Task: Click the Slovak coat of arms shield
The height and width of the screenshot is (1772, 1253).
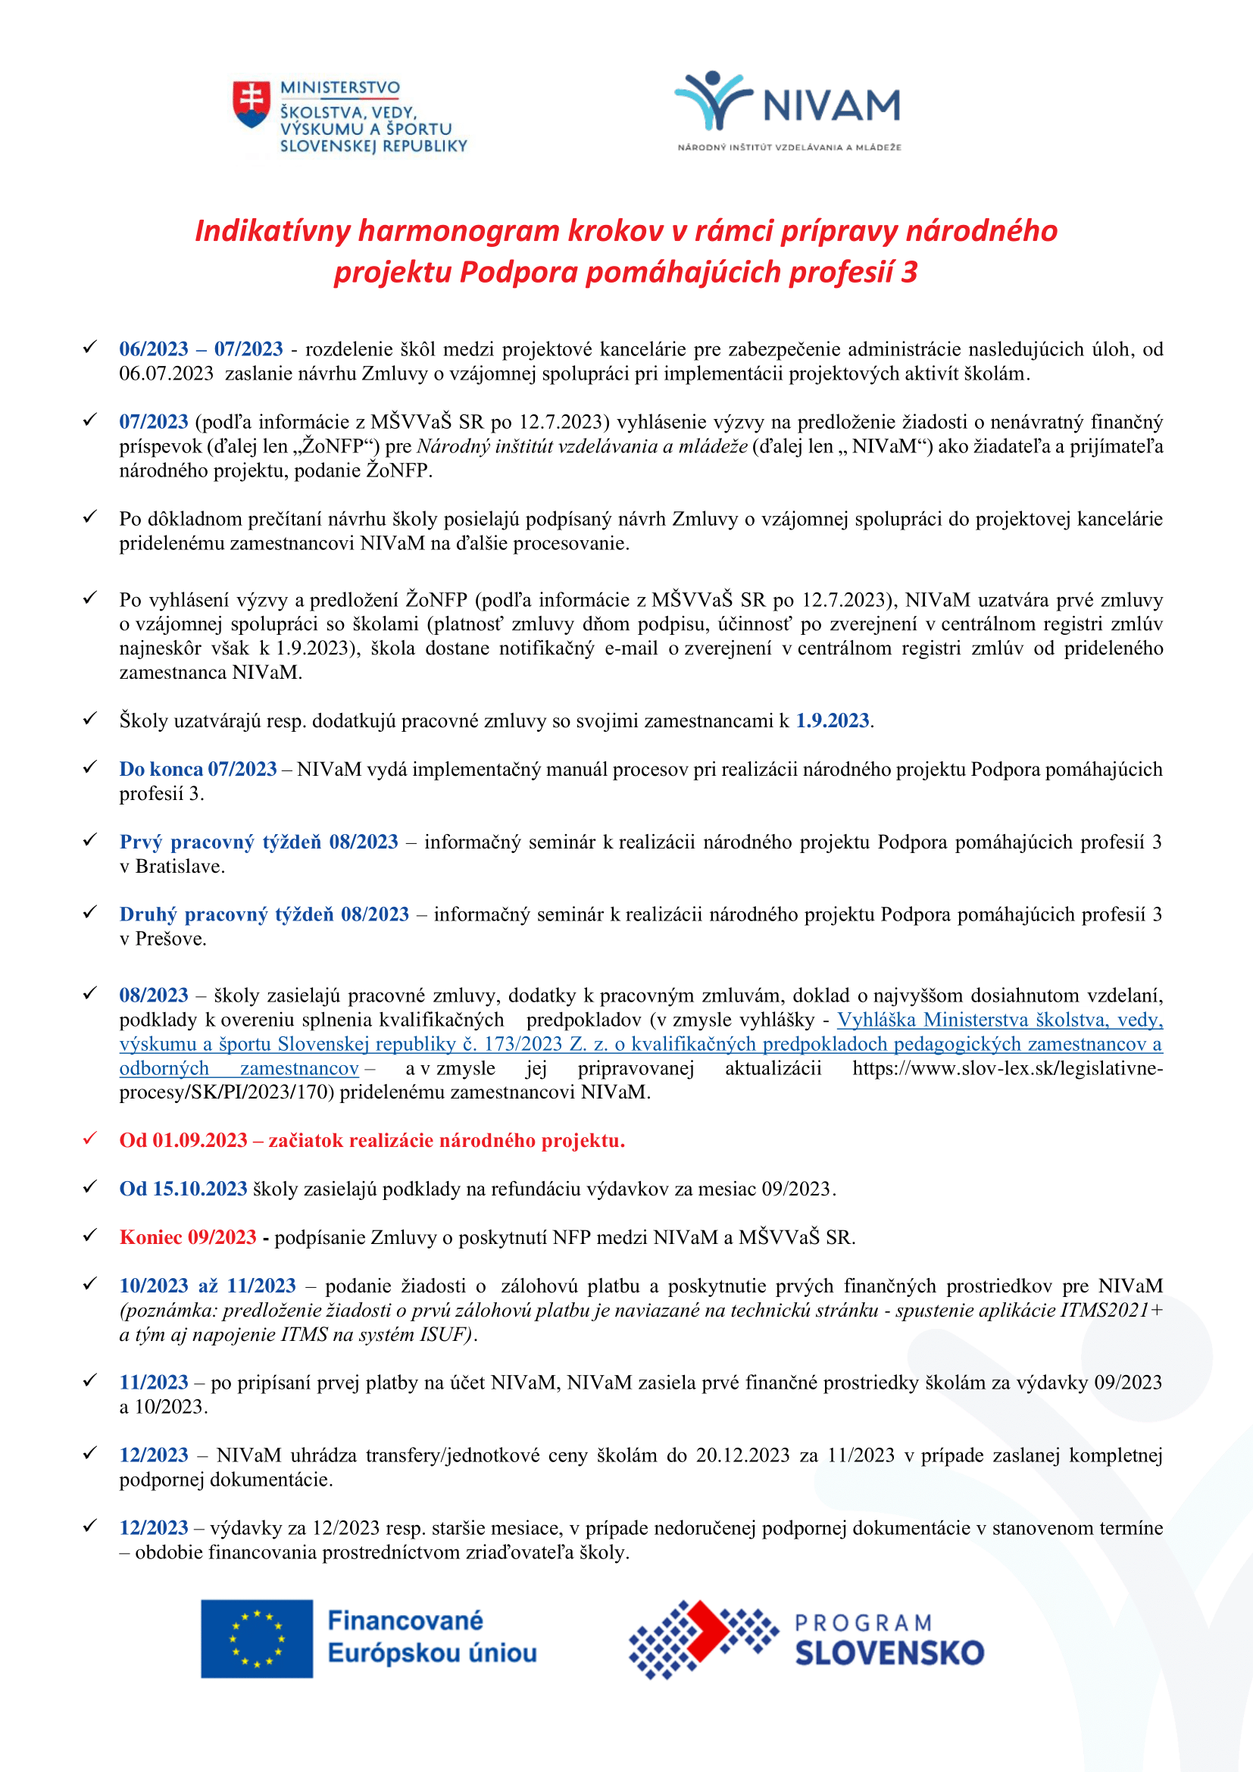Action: click(252, 104)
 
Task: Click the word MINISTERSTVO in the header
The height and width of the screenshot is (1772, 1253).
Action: click(340, 88)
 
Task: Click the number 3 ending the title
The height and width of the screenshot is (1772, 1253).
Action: click(910, 273)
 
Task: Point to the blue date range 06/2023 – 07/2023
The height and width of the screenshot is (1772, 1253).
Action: click(201, 349)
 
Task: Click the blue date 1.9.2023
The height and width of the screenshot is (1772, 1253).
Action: click(833, 720)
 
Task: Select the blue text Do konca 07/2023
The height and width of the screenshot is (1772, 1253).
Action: click(198, 770)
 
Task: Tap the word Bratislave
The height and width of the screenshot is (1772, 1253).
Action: click(180, 867)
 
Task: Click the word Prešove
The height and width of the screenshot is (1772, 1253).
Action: click(170, 939)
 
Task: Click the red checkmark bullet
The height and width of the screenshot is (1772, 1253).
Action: click(90, 1139)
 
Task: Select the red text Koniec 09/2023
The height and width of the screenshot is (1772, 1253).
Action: click(187, 1237)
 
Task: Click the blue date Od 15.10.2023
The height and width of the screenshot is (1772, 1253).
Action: click(183, 1189)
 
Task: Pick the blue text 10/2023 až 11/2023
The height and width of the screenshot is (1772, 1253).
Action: click(208, 1286)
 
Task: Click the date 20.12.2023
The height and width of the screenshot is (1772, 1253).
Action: click(742, 1455)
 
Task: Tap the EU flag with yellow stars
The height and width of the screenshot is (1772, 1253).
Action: click(257, 1639)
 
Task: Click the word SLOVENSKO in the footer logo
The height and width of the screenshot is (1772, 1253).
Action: click(889, 1653)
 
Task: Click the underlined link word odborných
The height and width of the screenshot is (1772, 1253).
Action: click(164, 1068)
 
